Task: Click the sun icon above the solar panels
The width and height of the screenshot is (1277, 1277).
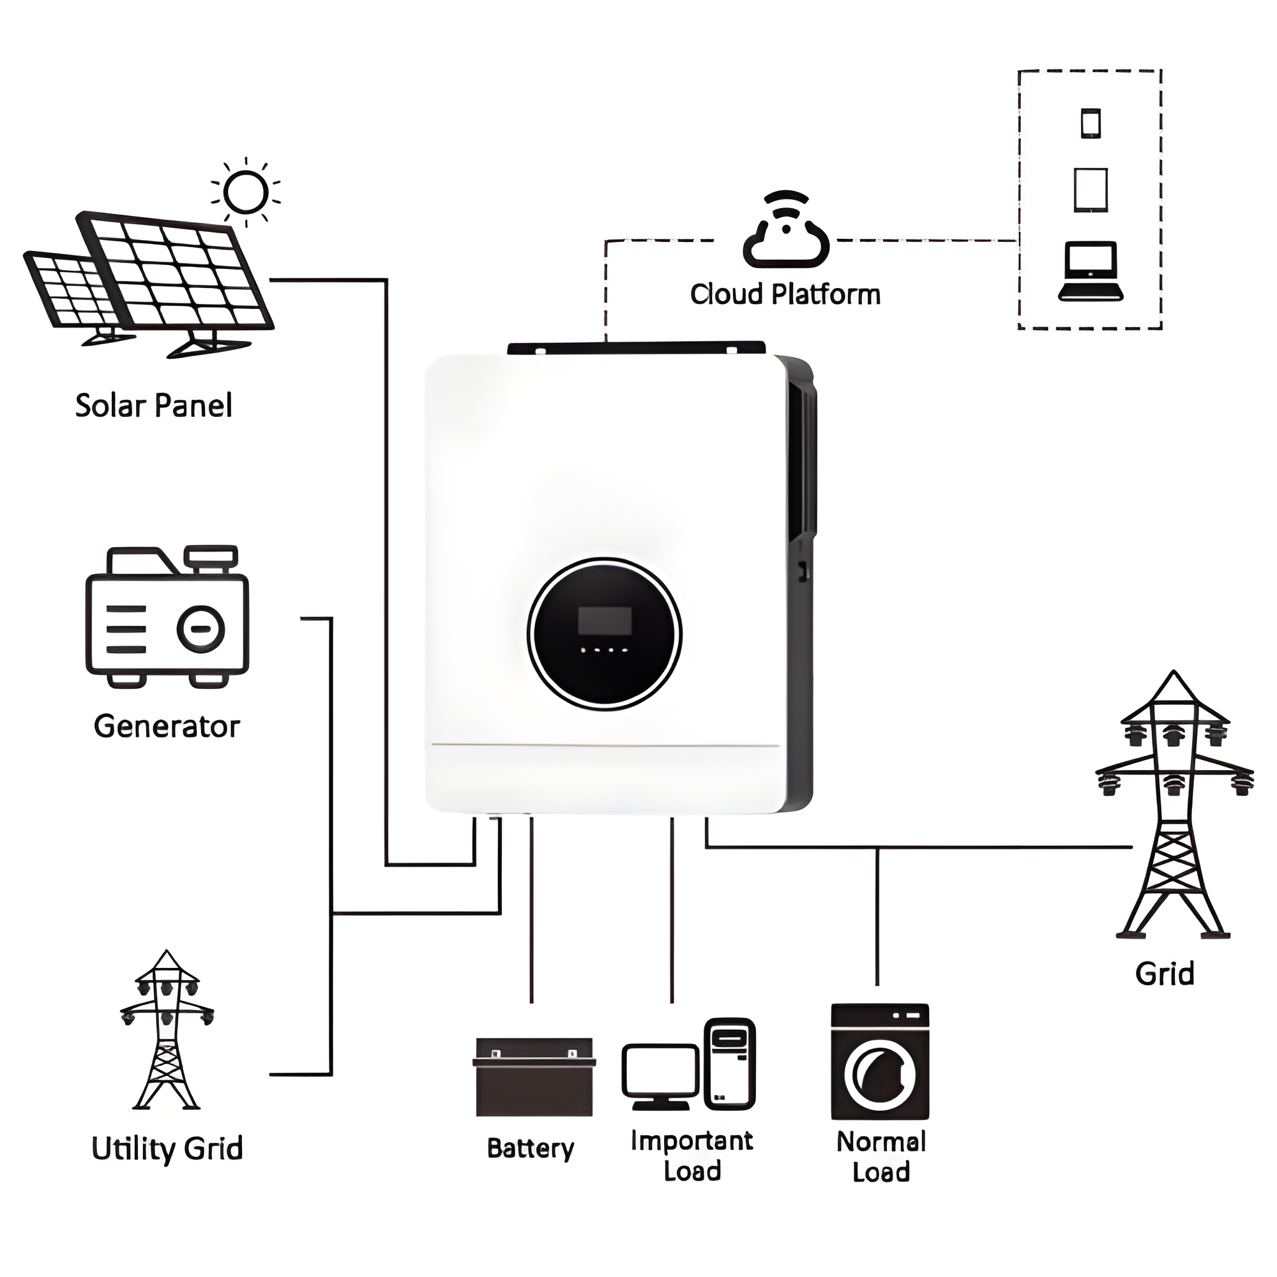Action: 246,192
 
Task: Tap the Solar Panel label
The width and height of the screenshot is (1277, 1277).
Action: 153,406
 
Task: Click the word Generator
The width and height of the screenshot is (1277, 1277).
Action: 167,727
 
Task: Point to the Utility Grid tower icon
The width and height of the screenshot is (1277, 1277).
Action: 167,1031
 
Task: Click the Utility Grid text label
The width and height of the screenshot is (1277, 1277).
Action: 167,1148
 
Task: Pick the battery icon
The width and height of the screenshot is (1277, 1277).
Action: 533,1077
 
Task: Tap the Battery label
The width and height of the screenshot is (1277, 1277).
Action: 530,1148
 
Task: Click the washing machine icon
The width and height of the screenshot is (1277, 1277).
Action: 880,1061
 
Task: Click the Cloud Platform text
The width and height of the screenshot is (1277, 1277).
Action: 785,295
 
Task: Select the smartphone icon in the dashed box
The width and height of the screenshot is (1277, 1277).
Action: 1091,124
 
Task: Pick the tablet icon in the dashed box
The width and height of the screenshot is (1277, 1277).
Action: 1091,190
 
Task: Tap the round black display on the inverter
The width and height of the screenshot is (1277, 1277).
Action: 604,634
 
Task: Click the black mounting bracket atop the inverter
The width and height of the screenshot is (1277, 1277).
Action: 636,348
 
